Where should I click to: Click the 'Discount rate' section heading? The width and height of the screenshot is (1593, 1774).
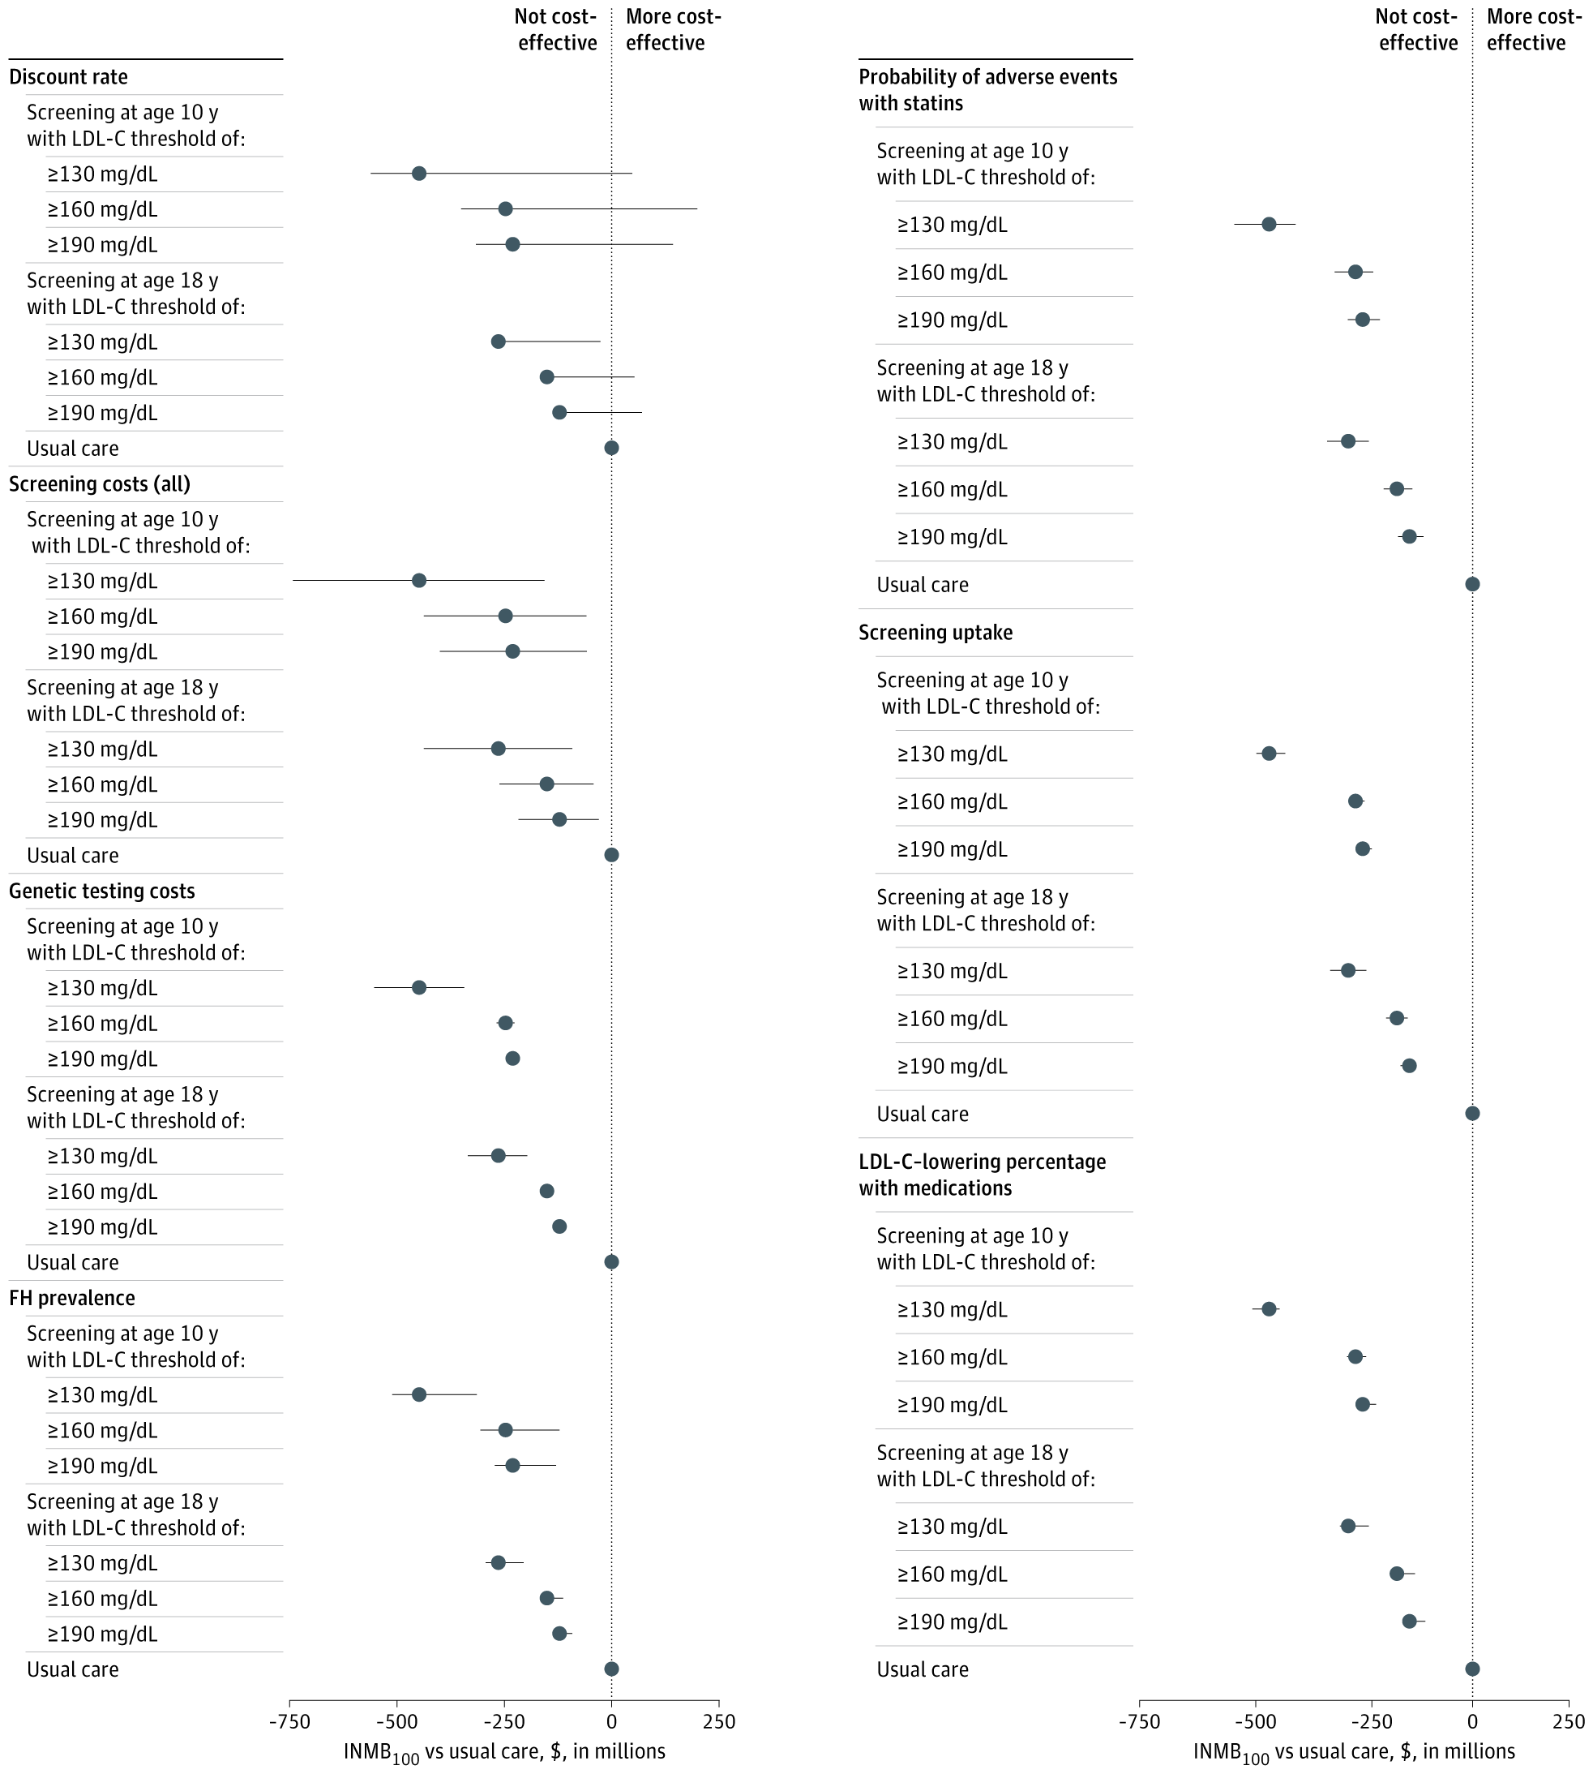(x=68, y=77)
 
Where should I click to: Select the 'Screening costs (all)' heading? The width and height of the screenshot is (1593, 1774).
(x=100, y=484)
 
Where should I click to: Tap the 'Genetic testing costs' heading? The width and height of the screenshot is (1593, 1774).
(x=101, y=891)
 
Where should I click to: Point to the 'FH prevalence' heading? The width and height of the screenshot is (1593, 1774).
(x=72, y=1299)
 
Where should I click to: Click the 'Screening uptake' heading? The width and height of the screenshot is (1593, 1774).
(x=936, y=633)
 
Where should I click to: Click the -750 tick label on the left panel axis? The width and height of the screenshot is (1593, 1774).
(x=289, y=1721)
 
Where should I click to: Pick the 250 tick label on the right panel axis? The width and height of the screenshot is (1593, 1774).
(x=1569, y=1721)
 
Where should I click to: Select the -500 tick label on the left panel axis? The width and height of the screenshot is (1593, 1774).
(x=396, y=1721)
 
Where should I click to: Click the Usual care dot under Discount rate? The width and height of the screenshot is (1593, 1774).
(x=612, y=449)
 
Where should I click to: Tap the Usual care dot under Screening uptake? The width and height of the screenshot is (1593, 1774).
(x=1472, y=1114)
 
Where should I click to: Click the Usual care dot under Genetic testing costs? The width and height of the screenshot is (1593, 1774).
(x=612, y=1262)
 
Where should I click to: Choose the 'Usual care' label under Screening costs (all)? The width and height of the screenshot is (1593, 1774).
(x=73, y=856)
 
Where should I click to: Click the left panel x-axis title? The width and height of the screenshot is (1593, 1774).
(x=504, y=1752)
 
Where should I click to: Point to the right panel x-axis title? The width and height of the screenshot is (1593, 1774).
(x=1354, y=1752)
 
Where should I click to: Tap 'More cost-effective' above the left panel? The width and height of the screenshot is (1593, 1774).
(x=672, y=30)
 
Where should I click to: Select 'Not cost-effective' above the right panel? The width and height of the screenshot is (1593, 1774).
(x=1417, y=30)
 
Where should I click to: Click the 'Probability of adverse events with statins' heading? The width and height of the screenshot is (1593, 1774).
(x=987, y=90)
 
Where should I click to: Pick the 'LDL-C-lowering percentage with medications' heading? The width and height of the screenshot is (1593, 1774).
(x=982, y=1175)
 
